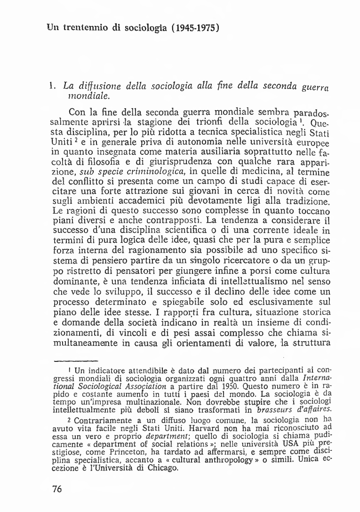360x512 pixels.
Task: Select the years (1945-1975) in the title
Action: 197,27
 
